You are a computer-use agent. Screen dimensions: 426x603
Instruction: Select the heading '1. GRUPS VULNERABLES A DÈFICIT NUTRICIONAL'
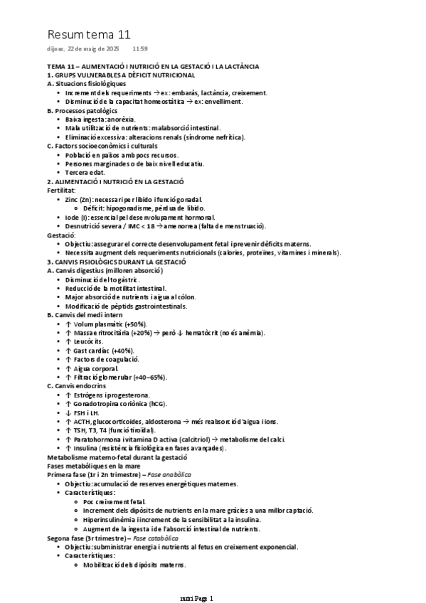[x=121, y=75]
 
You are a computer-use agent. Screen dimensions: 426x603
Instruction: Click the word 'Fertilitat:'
[x=60, y=191]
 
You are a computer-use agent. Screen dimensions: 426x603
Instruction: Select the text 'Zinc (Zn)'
[x=78, y=199]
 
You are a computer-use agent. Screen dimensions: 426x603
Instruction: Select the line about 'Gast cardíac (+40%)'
[x=99, y=351]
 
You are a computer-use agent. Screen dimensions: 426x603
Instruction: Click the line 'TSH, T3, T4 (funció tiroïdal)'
[x=116, y=430]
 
